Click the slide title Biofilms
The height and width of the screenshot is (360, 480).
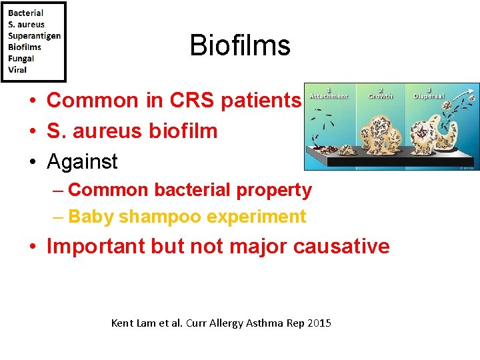coord(240,45)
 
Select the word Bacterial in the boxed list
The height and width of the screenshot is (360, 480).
coord(26,13)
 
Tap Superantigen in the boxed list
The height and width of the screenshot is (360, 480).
coord(34,35)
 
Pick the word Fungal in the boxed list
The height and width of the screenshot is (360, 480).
coord(21,58)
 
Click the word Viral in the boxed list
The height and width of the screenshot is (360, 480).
coord(17,69)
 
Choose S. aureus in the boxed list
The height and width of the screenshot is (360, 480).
coord(27,24)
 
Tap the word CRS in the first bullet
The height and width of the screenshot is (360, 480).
coord(195,100)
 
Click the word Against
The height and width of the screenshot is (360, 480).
coord(82,161)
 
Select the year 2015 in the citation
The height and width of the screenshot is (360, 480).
coord(319,323)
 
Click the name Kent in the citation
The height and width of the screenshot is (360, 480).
coord(122,323)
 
